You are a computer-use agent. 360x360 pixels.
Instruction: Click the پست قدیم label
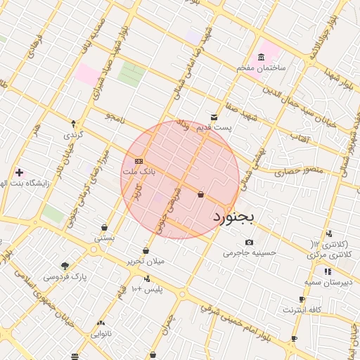click(214, 128)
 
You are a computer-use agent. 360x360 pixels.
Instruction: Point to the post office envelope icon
click(214, 117)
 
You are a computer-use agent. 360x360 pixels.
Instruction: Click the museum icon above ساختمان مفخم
click(262, 57)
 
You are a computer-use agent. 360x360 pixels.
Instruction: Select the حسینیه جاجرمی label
click(250, 252)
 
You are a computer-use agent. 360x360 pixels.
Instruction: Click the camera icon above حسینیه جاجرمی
click(249, 243)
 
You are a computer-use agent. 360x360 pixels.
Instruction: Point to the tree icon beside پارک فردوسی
click(65, 266)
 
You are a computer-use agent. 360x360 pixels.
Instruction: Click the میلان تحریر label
click(146, 261)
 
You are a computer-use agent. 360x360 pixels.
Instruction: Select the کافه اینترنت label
click(302, 310)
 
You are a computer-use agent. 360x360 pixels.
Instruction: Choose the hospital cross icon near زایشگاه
click(19, 172)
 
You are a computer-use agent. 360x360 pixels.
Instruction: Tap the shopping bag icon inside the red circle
click(201, 194)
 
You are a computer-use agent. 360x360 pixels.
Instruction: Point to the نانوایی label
click(101, 334)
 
